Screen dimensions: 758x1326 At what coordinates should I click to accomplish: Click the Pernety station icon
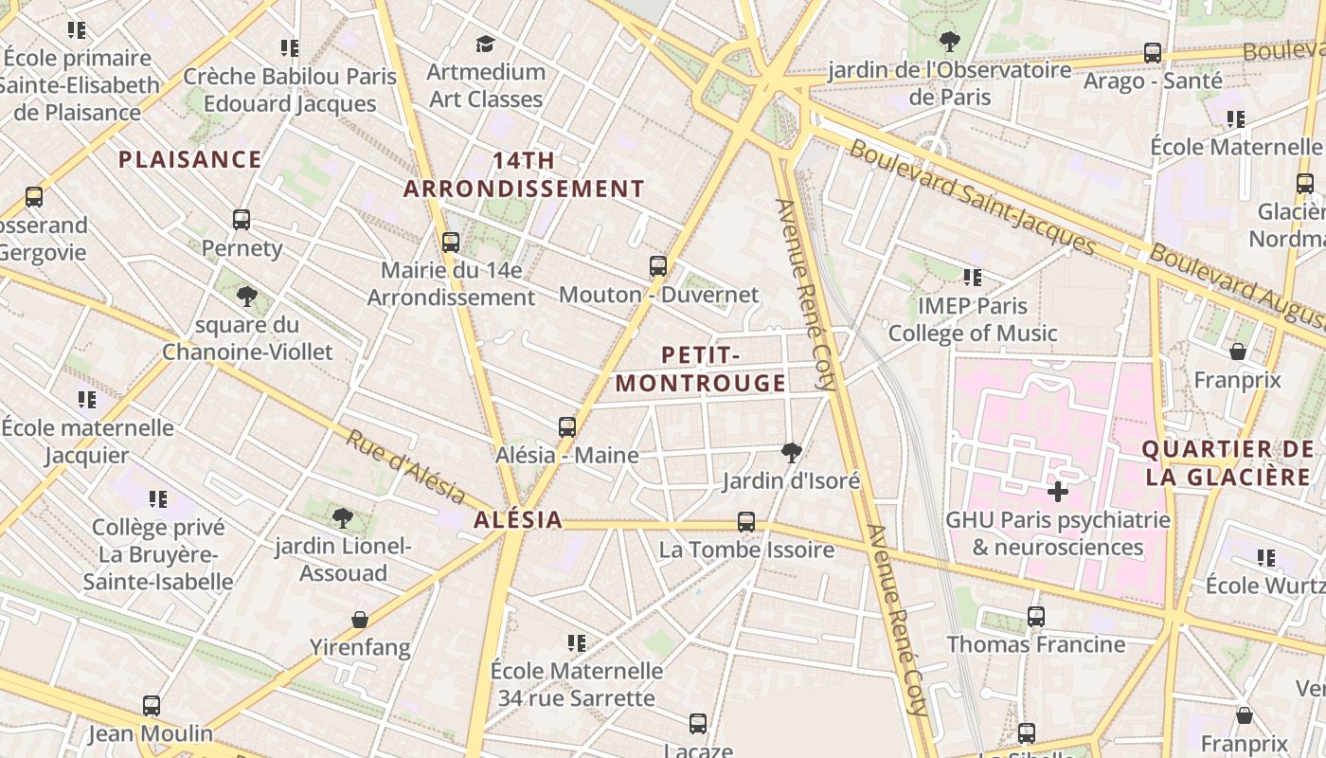(242, 220)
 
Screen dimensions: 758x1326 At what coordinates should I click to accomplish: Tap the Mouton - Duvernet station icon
(658, 266)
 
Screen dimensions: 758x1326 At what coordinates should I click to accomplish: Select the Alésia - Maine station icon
(567, 427)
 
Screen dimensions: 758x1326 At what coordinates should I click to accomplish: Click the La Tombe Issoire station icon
(746, 522)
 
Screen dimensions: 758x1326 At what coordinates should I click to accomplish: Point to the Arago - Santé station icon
(1153, 53)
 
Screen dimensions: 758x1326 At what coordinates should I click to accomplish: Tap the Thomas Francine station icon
(1036, 617)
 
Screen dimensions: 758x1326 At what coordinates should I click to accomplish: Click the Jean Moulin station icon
(152, 706)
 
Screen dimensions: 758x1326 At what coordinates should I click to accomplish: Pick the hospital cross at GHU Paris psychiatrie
(1058, 492)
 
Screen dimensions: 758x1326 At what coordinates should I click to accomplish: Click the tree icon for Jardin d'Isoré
(792, 453)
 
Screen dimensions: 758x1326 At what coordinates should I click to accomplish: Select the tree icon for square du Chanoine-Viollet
(247, 297)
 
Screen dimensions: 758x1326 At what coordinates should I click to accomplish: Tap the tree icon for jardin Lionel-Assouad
(343, 518)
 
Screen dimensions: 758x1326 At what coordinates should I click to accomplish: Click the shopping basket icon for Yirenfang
(360, 620)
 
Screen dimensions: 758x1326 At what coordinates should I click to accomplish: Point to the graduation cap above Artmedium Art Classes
(486, 44)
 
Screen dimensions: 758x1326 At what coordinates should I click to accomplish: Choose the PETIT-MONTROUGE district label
(700, 370)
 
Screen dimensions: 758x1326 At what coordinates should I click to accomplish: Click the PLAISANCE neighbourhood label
(189, 159)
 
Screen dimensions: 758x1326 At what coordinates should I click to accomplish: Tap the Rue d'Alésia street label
(405, 467)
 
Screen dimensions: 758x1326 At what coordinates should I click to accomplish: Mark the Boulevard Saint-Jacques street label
(971, 197)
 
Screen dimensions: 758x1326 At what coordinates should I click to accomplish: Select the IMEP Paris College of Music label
(973, 320)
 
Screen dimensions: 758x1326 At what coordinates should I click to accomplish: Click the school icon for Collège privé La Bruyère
(158, 498)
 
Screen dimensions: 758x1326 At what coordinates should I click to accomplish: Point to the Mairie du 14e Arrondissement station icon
(451, 242)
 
